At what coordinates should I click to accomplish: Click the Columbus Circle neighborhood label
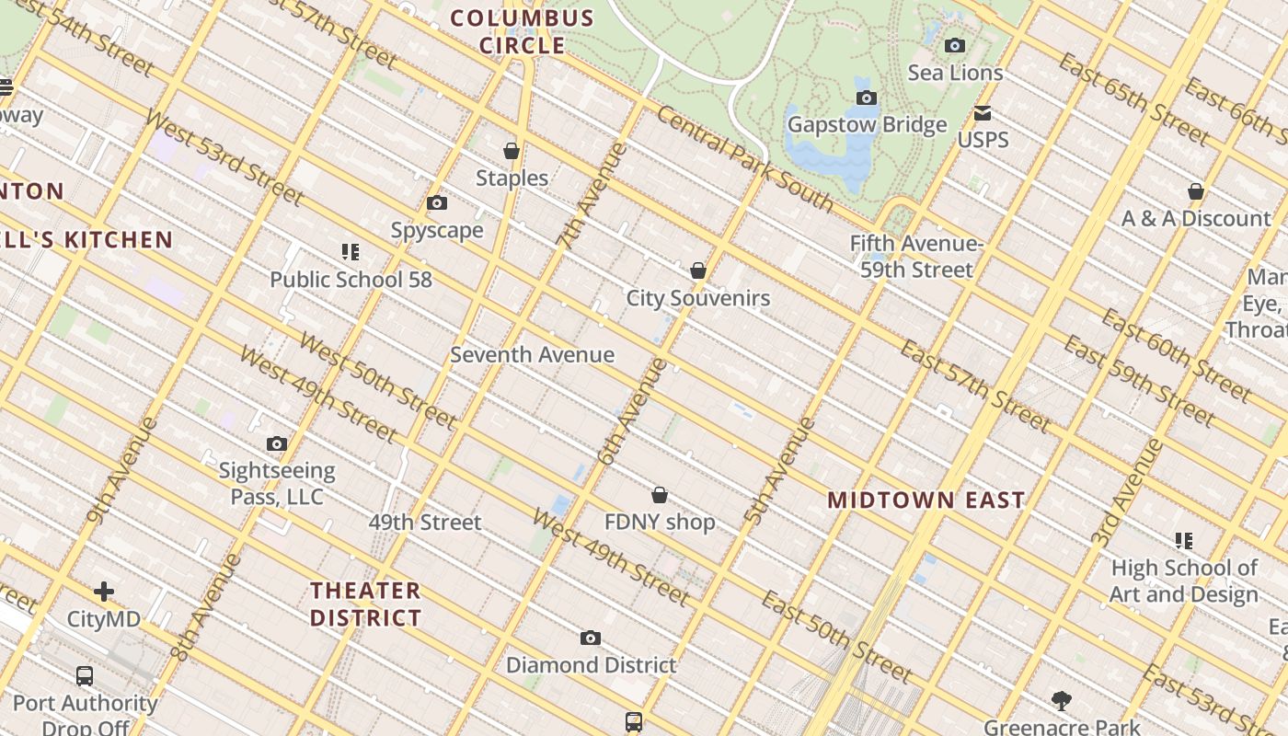(x=522, y=31)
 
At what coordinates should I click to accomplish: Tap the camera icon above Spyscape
(x=437, y=203)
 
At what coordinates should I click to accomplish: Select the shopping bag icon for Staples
(x=512, y=151)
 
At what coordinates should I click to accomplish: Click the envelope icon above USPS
(x=983, y=113)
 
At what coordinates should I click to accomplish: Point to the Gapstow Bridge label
(x=867, y=125)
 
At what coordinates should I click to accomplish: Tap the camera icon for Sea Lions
(x=955, y=46)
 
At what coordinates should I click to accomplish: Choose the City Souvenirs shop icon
(x=698, y=270)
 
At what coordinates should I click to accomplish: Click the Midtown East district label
(x=926, y=500)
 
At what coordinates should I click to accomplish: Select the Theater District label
(x=365, y=604)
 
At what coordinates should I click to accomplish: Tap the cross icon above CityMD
(x=104, y=592)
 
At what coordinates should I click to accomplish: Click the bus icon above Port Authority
(x=85, y=676)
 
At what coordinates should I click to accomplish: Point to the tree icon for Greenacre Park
(x=1062, y=701)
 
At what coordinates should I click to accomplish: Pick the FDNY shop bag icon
(x=660, y=496)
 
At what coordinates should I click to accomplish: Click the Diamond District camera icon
(x=591, y=638)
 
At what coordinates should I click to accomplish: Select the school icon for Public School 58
(x=351, y=252)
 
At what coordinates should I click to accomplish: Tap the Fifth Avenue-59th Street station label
(x=916, y=257)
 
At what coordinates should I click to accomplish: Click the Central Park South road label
(x=744, y=159)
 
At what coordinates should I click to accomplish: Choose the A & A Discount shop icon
(x=1196, y=191)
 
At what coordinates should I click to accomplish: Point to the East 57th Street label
(x=974, y=385)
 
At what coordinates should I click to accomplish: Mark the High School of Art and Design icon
(x=1183, y=541)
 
